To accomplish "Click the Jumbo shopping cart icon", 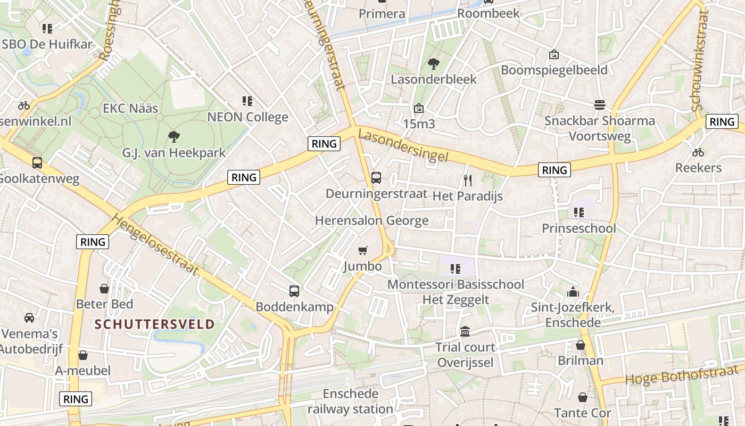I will click(363, 250).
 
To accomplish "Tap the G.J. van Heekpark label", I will click(173, 153).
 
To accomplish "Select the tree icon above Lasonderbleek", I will click(434, 64).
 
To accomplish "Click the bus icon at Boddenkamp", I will click(294, 291).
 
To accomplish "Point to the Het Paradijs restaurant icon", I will click(468, 180).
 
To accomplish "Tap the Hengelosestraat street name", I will click(155, 244).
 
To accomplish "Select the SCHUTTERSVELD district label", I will click(155, 324).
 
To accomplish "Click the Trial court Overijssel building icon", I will click(465, 331).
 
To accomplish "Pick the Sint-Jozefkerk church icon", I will click(573, 292).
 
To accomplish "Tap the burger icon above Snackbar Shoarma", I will click(600, 104).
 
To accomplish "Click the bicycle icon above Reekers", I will click(698, 152).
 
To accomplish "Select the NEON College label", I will click(247, 117).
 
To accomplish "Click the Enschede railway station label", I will click(350, 402).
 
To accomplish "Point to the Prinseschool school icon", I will click(579, 212).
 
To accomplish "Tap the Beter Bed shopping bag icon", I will click(104, 289).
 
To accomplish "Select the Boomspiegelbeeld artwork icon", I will click(554, 54).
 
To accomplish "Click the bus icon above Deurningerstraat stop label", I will click(376, 177).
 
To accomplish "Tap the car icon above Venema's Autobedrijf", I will click(29, 318).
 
